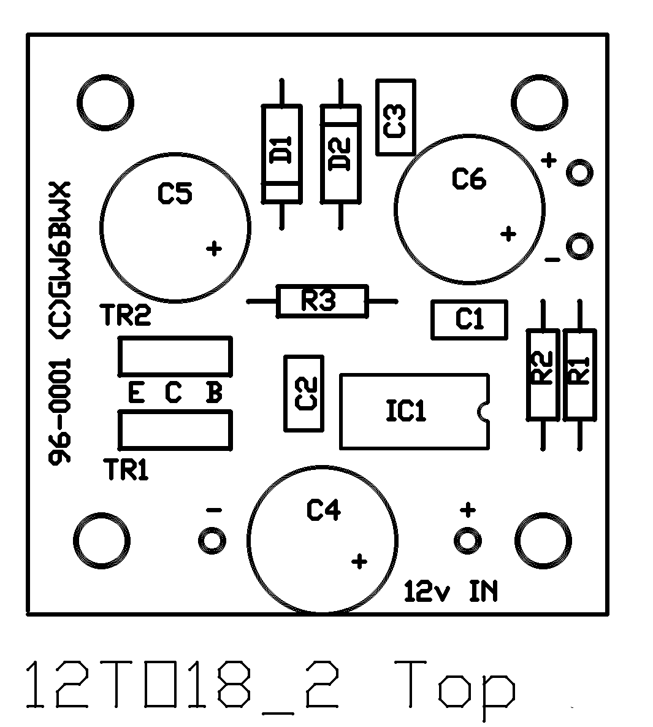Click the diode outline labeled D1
point(281,154)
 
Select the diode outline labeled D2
point(340,154)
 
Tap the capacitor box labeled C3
point(395,117)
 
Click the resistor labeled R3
point(322,301)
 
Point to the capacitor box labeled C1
point(469,319)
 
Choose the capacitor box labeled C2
point(304,393)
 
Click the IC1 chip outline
point(414,411)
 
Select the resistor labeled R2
point(543,374)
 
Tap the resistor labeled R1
point(579,374)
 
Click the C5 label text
point(175,194)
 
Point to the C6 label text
point(468,179)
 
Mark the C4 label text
point(323,510)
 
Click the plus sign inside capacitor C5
point(214,248)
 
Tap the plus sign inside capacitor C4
point(360,561)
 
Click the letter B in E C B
point(213,393)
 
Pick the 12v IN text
point(451,592)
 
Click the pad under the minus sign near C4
point(212,540)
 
